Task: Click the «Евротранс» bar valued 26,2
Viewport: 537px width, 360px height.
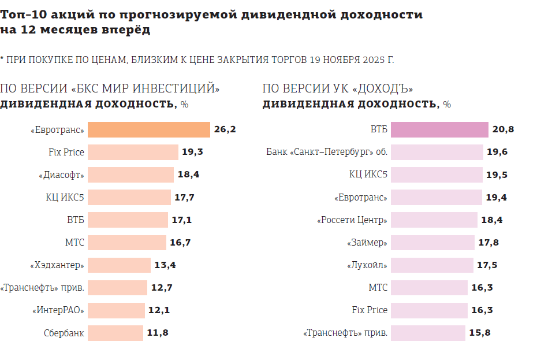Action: point(148,130)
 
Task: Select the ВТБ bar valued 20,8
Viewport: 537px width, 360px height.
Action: point(439,130)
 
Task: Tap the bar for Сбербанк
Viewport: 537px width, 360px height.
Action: point(115,333)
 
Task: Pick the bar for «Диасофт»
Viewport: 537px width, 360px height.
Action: point(130,175)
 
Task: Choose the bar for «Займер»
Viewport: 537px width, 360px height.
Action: point(433,243)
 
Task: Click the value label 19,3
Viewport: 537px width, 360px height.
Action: point(193,153)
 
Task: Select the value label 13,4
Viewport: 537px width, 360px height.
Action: point(165,265)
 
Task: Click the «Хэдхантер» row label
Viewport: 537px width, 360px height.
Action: point(57,265)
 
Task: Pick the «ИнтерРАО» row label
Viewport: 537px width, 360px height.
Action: point(58,310)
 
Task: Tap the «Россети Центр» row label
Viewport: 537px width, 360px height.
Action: point(352,220)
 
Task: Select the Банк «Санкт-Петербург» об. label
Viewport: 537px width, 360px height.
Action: point(327,153)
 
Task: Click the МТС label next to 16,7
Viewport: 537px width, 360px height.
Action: point(74,243)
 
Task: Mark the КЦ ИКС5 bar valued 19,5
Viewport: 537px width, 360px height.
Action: point(437,175)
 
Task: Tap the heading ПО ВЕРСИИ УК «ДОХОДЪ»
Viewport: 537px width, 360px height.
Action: point(338,89)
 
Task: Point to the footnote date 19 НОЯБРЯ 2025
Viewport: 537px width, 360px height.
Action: point(352,60)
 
